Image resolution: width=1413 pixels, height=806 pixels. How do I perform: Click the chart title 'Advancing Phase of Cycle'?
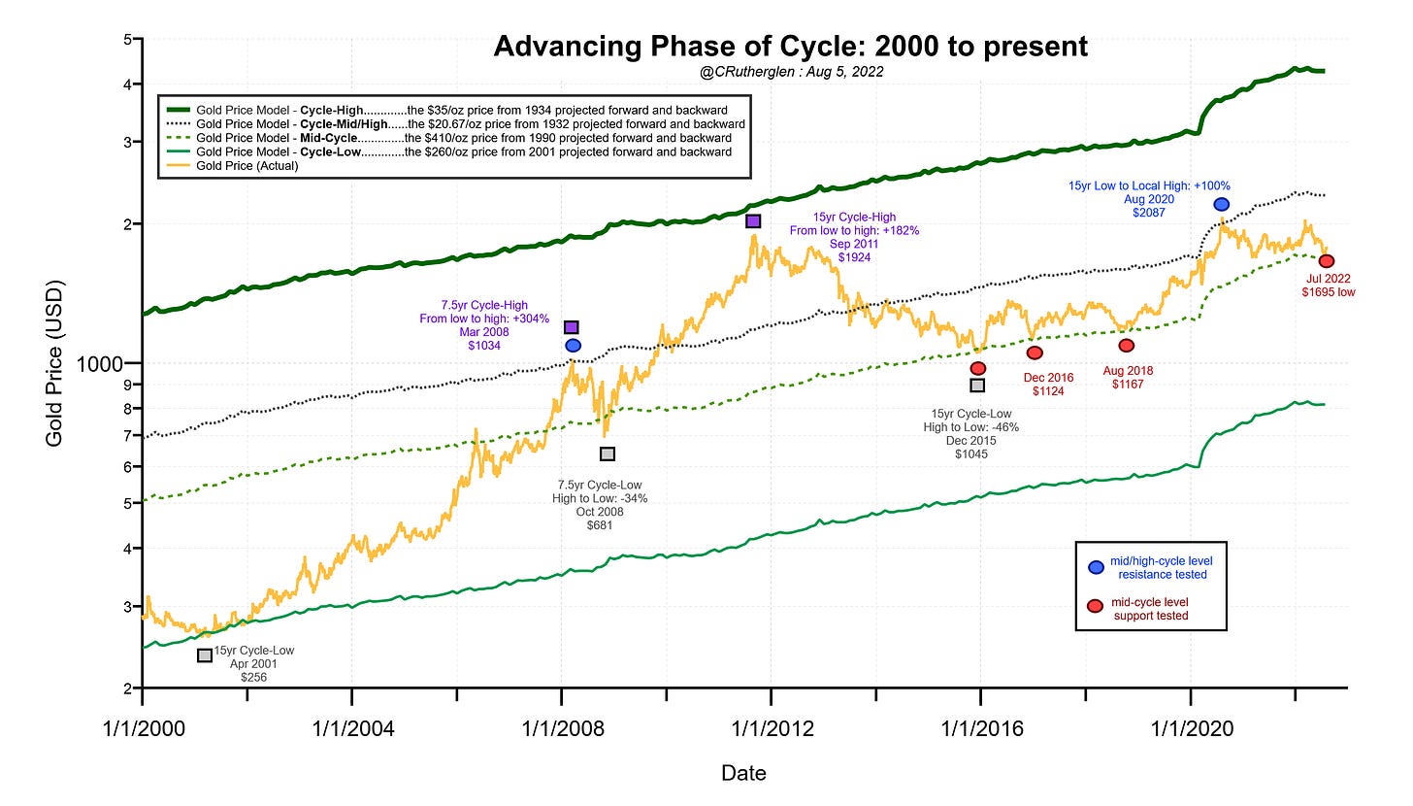coord(790,47)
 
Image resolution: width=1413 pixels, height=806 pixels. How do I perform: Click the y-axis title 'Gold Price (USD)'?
coord(55,363)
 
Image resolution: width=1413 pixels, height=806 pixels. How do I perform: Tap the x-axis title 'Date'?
coord(743,773)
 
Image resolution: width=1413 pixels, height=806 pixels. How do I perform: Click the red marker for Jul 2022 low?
coord(1327,261)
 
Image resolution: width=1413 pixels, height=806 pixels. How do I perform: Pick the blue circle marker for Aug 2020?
coord(1221,204)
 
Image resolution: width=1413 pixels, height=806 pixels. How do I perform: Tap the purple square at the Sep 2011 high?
coord(753,221)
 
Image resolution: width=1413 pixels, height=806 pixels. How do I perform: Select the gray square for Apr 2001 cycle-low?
coord(205,655)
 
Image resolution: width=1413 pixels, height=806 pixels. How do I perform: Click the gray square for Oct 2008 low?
coord(608,453)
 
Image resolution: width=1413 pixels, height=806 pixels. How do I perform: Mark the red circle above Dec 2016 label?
coord(1035,353)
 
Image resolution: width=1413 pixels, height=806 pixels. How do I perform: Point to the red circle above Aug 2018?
coord(1126,346)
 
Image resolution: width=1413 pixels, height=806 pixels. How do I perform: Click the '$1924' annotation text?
coord(854,258)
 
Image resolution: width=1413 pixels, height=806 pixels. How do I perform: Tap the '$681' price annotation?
coord(600,525)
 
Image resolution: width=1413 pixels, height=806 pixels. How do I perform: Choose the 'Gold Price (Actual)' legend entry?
coord(247,166)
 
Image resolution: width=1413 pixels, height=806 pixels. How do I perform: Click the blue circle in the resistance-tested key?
coord(1096,567)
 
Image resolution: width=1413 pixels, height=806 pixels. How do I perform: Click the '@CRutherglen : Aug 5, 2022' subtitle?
coord(790,73)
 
